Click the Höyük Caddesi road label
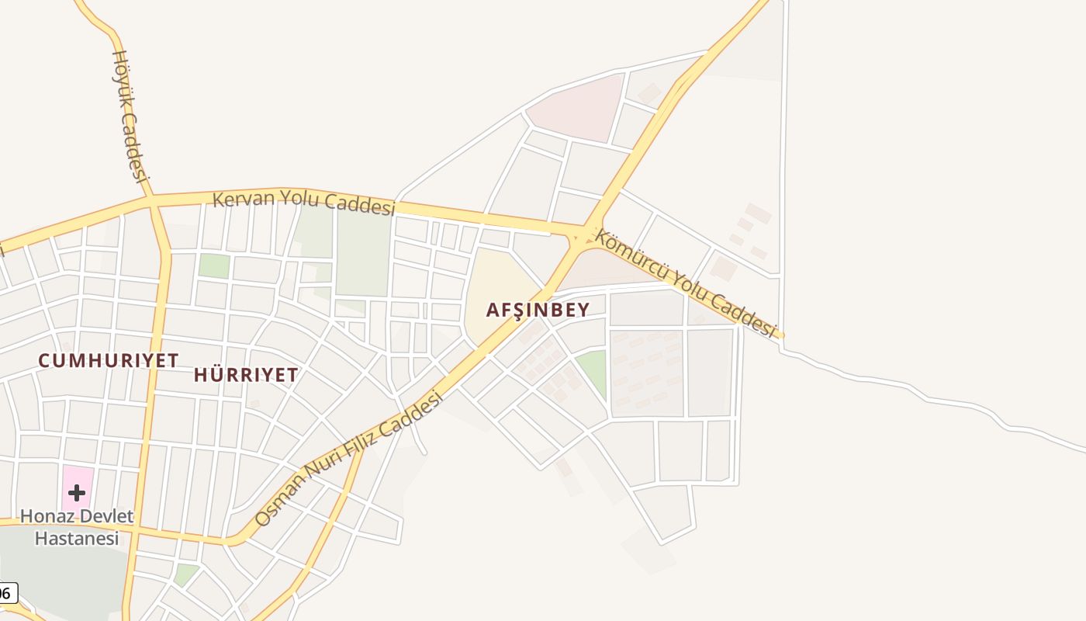(130, 115)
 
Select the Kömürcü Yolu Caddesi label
(685, 283)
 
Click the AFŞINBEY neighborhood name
(538, 310)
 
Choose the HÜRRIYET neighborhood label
(245, 375)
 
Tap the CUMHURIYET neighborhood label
(109, 361)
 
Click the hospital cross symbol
(77, 492)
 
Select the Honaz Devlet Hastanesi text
(77, 527)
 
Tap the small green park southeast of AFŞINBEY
(593, 371)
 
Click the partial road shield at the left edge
(6, 592)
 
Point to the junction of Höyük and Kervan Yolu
(151, 199)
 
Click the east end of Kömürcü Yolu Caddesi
(780, 335)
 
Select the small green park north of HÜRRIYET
(214, 265)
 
